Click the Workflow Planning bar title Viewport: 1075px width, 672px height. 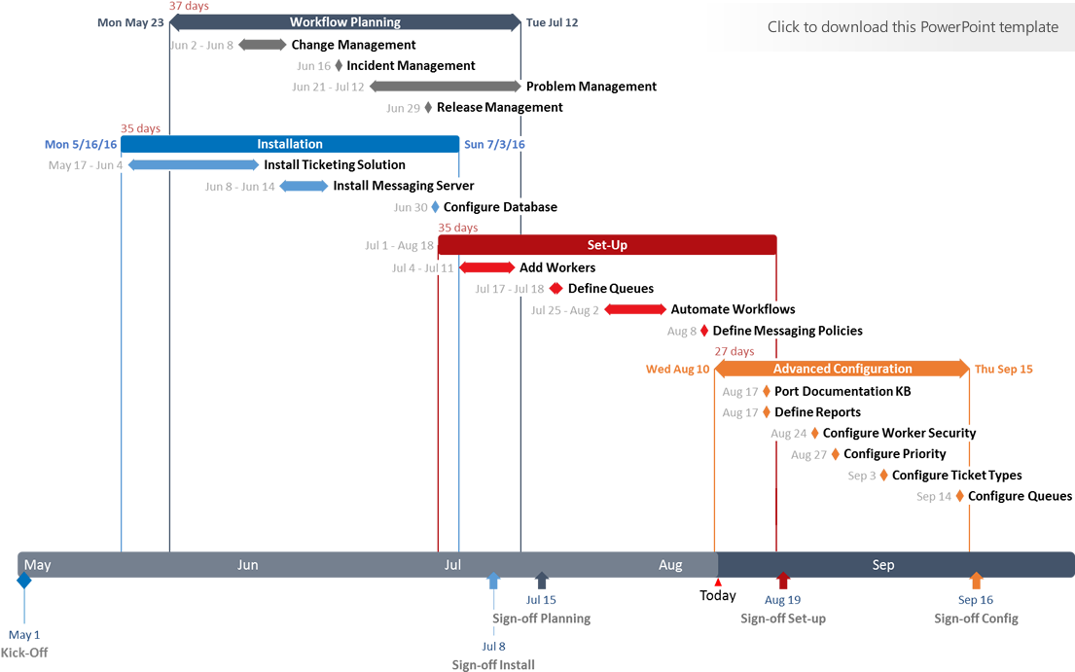tap(344, 21)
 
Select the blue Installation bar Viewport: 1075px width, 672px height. tap(290, 144)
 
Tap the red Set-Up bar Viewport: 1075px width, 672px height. tap(607, 245)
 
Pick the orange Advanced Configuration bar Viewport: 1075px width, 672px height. tap(842, 369)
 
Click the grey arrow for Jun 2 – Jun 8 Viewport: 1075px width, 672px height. tap(262, 45)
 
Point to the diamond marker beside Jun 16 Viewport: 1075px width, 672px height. tap(339, 66)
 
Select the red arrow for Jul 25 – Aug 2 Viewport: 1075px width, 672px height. tap(635, 310)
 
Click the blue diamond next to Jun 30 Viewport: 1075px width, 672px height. tap(435, 207)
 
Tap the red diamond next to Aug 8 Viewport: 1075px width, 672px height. tap(704, 332)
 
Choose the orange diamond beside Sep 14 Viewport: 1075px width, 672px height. tap(959, 496)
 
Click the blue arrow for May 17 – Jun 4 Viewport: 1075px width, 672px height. tap(194, 165)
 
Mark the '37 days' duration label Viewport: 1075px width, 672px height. tap(189, 6)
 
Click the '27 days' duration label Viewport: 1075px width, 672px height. tap(735, 351)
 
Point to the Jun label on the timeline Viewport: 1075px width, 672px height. tap(248, 565)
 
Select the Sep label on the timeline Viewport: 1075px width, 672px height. tap(883, 565)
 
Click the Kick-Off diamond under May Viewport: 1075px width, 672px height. tap(24, 581)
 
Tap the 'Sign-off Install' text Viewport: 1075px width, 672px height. tap(493, 665)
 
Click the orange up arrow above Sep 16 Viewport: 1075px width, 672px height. tap(976, 581)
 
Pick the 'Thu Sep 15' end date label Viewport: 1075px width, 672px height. tap(1004, 370)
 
